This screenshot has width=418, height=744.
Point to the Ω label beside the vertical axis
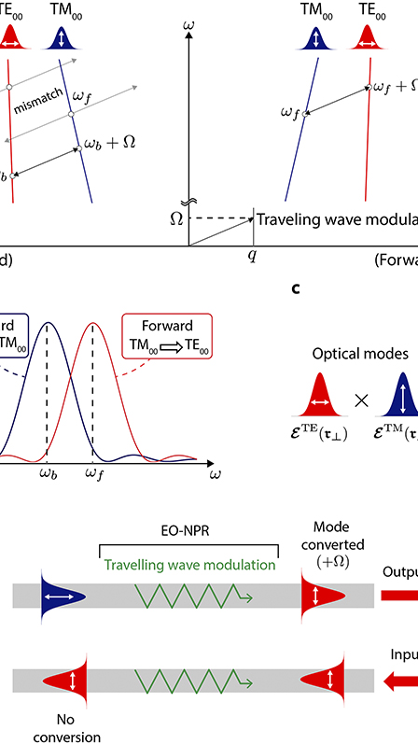[174, 218]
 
